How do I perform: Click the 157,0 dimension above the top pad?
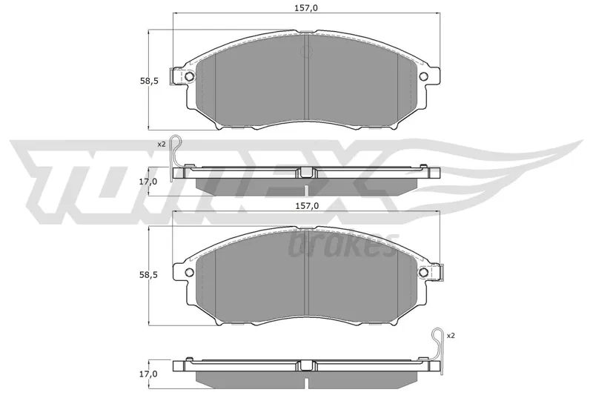point(306,7)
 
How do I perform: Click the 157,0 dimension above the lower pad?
point(307,205)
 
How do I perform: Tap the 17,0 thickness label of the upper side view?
point(149,182)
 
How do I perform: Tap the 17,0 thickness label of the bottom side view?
point(149,374)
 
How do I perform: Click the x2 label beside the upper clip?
point(162,144)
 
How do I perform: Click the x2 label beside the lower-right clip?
point(451,335)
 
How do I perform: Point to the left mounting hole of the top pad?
point(190,77)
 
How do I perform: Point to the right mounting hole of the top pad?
point(423,77)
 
